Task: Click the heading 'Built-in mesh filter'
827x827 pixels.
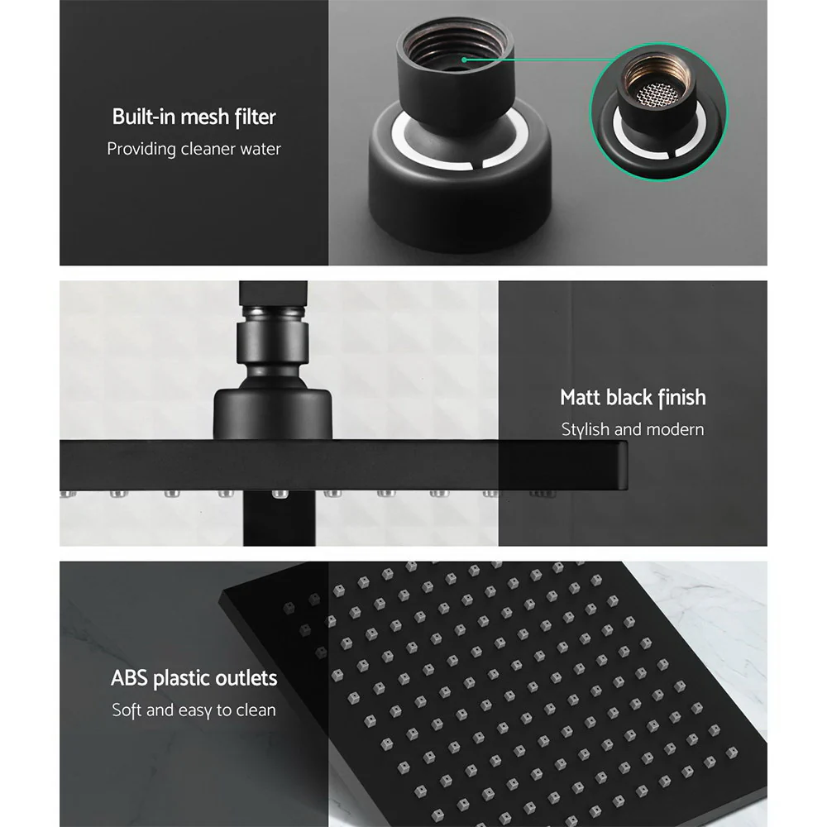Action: (194, 117)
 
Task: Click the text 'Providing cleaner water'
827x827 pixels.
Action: (194, 149)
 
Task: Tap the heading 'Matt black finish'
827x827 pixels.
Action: (633, 398)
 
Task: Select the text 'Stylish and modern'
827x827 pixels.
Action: (633, 429)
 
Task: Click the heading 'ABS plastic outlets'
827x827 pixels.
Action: (194, 679)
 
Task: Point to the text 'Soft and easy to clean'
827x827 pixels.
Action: (194, 710)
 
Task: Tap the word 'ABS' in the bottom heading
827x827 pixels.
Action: (130, 679)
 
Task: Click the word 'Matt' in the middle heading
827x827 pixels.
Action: (580, 398)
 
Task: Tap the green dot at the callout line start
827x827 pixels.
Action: (466, 60)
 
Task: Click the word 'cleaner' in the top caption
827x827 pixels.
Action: (206, 149)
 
